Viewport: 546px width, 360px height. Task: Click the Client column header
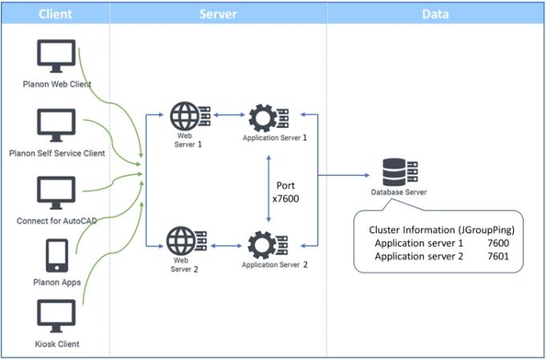point(55,14)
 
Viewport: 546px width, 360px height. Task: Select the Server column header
point(218,14)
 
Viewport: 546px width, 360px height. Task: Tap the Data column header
point(434,14)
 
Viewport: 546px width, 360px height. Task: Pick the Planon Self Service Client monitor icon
point(56,125)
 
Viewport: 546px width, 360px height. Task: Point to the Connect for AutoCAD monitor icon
point(56,193)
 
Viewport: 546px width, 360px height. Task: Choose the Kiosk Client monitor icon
point(56,315)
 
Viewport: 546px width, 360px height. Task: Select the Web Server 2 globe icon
point(185,240)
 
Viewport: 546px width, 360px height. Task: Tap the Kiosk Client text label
point(56,344)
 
